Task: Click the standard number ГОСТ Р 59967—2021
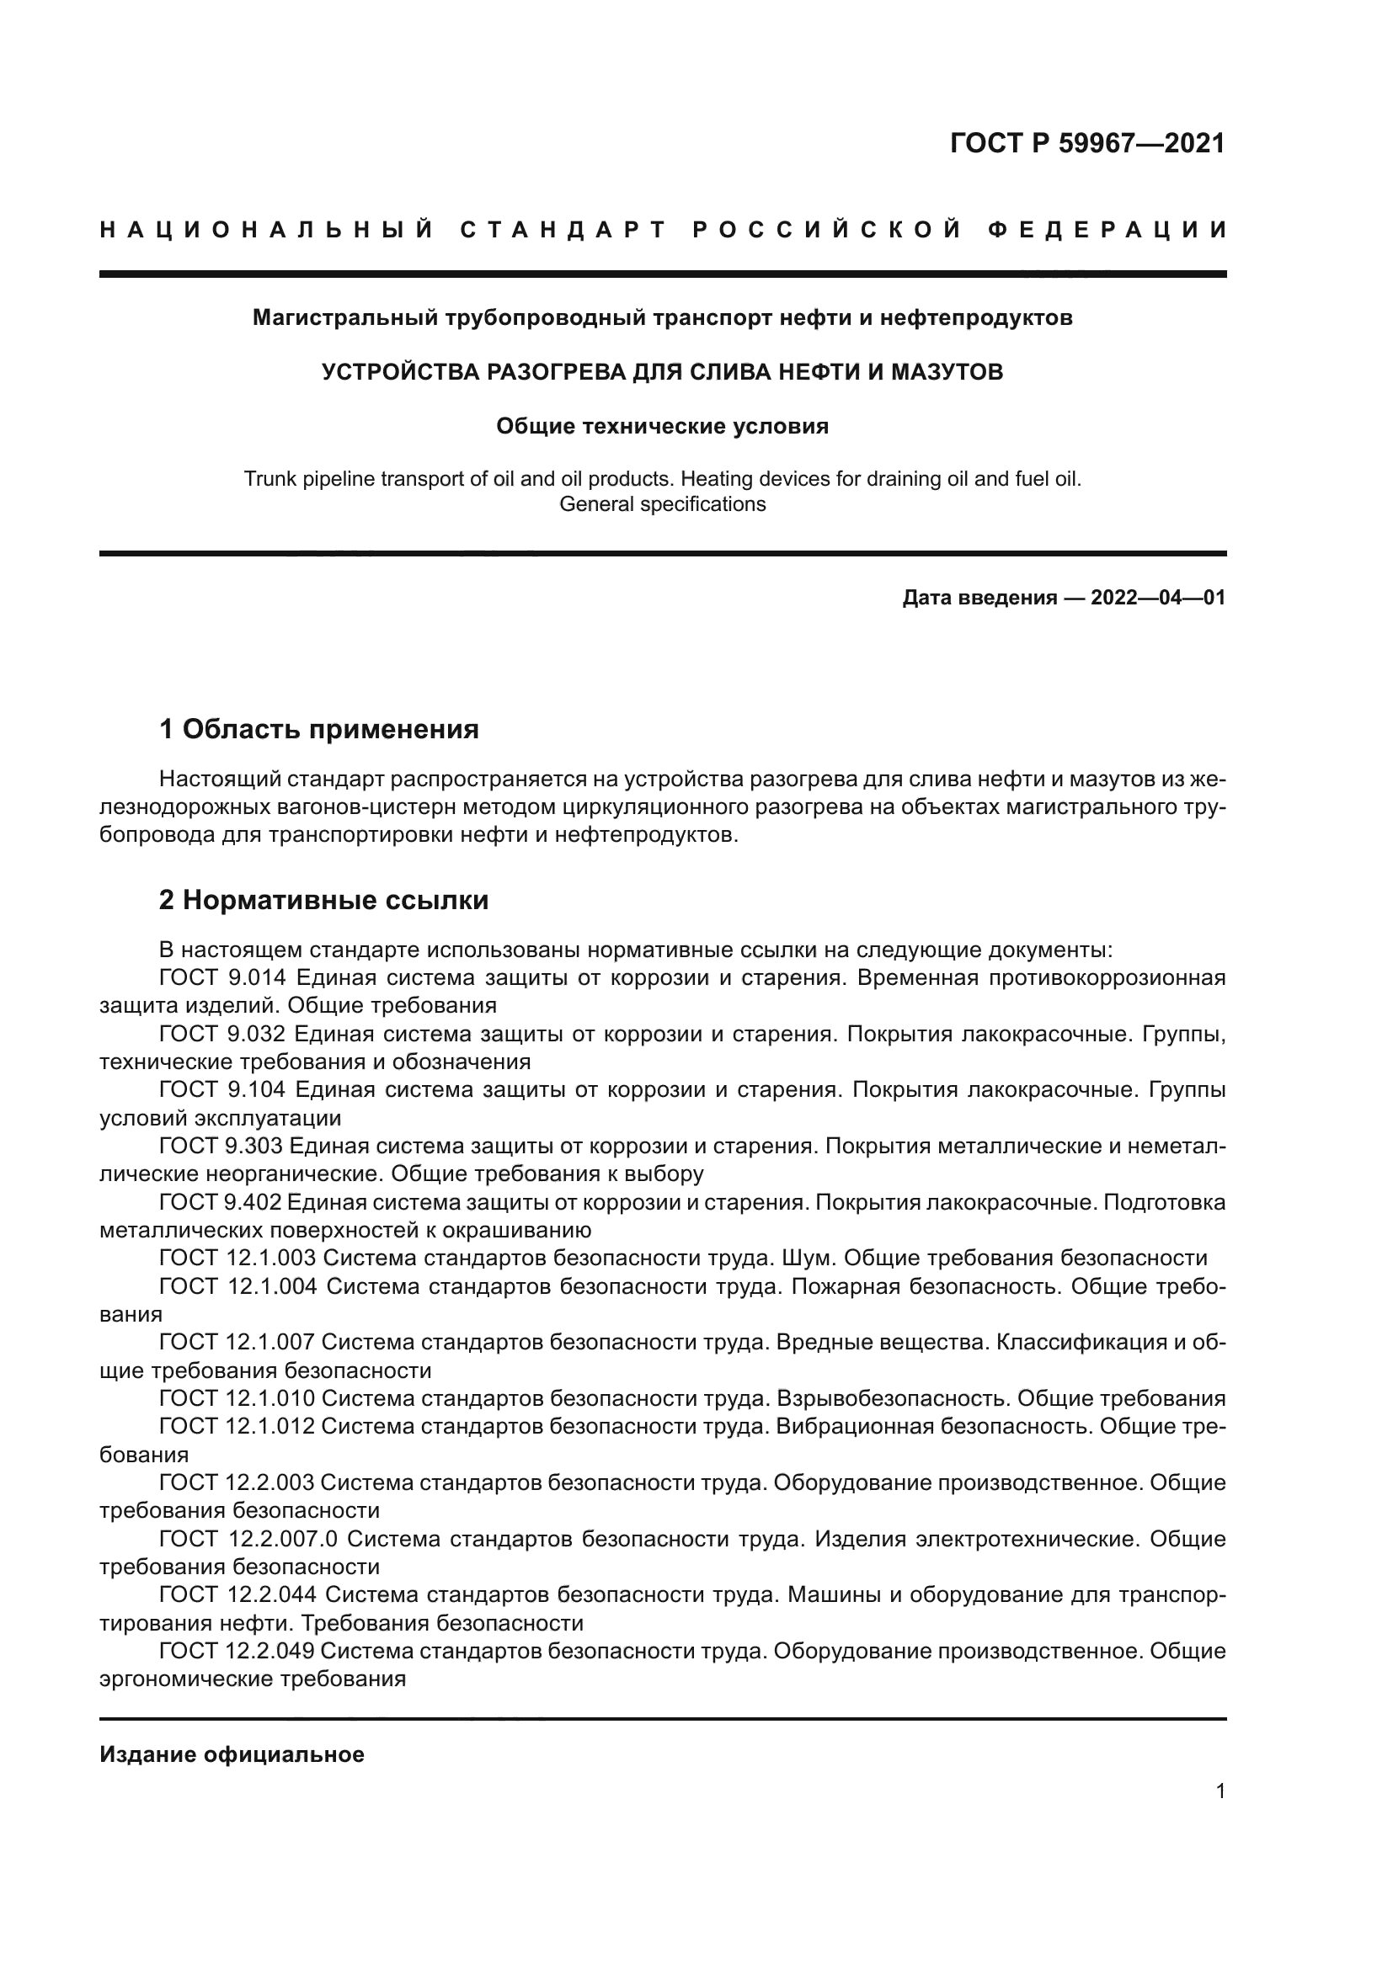click(x=1086, y=143)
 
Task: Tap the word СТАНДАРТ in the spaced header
click(x=563, y=230)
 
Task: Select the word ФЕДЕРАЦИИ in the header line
click(x=1107, y=230)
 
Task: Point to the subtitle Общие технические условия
click(x=662, y=426)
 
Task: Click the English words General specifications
click(x=662, y=504)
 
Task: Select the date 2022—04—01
click(x=1158, y=598)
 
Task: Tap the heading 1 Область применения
click(x=319, y=730)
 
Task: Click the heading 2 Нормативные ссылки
click(x=324, y=901)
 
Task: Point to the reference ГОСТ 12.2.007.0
click(x=248, y=1539)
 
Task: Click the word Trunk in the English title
click(x=269, y=478)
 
